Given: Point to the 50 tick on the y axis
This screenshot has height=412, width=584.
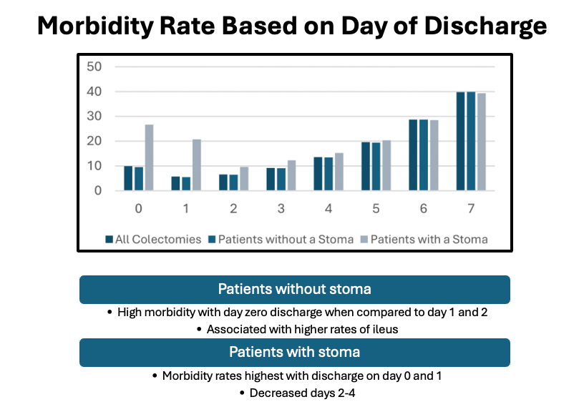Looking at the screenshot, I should tap(94, 67).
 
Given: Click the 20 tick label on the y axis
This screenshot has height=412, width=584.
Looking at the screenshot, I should tap(94, 142).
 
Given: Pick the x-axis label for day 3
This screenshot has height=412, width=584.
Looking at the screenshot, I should tap(281, 210).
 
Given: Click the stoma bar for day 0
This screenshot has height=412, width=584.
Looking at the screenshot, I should tap(149, 157).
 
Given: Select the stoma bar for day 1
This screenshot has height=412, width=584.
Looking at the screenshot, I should tap(197, 165).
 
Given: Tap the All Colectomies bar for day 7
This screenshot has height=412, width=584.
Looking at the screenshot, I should tap(461, 142).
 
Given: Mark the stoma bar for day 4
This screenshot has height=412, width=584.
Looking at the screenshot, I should tap(339, 172).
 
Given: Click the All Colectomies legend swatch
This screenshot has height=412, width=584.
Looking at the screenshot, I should tap(109, 239).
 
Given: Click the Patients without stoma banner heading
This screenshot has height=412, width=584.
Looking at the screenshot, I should tap(294, 290).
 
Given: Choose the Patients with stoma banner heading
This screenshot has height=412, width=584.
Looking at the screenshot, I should tap(294, 352).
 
